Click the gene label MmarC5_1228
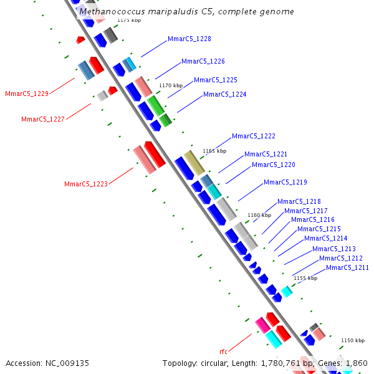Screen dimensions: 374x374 pos(189,39)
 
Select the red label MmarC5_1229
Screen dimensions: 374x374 pos(26,94)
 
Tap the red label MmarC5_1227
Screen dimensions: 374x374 pos(42,119)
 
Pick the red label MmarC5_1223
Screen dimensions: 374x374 pos(85,184)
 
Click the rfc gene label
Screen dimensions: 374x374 pos(223,352)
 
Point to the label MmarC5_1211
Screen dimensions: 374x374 pos(347,268)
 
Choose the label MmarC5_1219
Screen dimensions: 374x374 pos(285,183)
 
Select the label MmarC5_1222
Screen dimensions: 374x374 pos(253,137)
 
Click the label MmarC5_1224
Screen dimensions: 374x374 pos(224,95)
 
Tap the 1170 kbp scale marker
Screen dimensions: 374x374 pos(171,85)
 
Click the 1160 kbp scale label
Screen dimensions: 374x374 pos(259,215)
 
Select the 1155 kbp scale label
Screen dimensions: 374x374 pos(305,278)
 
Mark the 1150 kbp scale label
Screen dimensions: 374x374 pos(352,340)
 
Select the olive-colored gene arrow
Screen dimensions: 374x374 pos(194,162)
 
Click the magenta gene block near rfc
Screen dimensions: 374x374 pos(262,324)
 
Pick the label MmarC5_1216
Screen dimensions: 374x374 pos(312,220)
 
